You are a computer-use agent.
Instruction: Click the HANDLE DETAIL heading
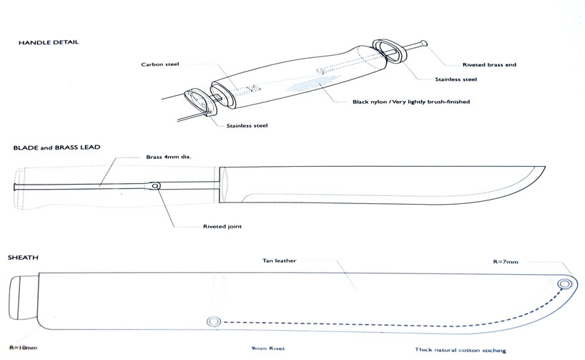[x=49, y=42]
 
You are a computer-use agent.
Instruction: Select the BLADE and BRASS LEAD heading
[x=56, y=147]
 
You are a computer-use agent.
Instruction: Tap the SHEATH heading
[x=23, y=258]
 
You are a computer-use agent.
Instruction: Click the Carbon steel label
[x=160, y=64]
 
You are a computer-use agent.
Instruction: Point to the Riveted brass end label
[x=489, y=64]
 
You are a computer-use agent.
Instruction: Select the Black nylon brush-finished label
[x=411, y=102]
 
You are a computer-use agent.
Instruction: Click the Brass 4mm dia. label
[x=169, y=157]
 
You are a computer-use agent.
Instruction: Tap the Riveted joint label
[x=222, y=226]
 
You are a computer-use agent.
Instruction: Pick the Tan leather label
[x=280, y=261]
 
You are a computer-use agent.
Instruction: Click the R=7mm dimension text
[x=506, y=262]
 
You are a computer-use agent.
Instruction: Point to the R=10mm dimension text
[x=23, y=348]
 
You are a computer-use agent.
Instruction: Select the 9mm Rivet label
[x=268, y=349]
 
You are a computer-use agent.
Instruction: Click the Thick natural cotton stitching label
[x=461, y=350]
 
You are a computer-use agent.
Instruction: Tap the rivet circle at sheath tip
[x=564, y=285]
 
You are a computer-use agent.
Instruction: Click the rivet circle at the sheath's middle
[x=213, y=321]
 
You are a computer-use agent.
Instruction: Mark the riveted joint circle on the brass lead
[x=156, y=185]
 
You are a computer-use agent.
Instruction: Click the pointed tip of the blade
[x=545, y=167]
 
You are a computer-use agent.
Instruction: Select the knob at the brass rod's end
[x=423, y=42]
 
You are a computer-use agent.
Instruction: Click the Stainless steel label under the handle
[x=247, y=126]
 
